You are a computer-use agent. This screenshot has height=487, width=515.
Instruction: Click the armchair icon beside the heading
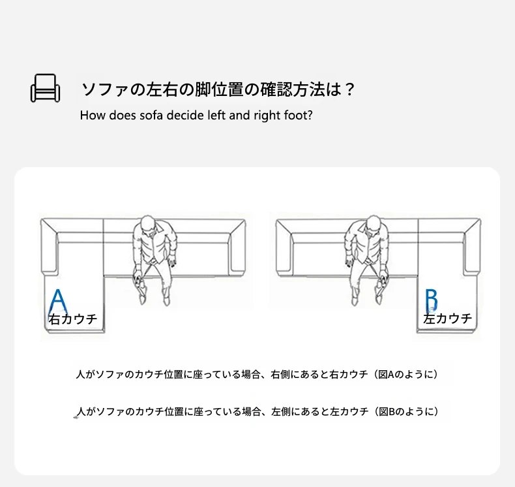pos(46,87)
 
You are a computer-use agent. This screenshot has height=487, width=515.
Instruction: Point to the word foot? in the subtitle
pos(299,115)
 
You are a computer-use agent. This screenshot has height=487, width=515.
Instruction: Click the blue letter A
pos(58,302)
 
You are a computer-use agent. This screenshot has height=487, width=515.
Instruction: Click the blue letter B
pos(432,300)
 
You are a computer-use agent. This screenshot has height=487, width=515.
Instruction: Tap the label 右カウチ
pos(73,319)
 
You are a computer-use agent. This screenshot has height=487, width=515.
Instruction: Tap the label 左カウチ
pos(448,319)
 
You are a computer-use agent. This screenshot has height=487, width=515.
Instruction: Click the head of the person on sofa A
pos(148,225)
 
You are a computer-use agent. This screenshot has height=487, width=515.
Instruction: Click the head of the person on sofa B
pos(373,225)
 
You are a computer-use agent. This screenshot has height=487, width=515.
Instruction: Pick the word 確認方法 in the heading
pos(293,89)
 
